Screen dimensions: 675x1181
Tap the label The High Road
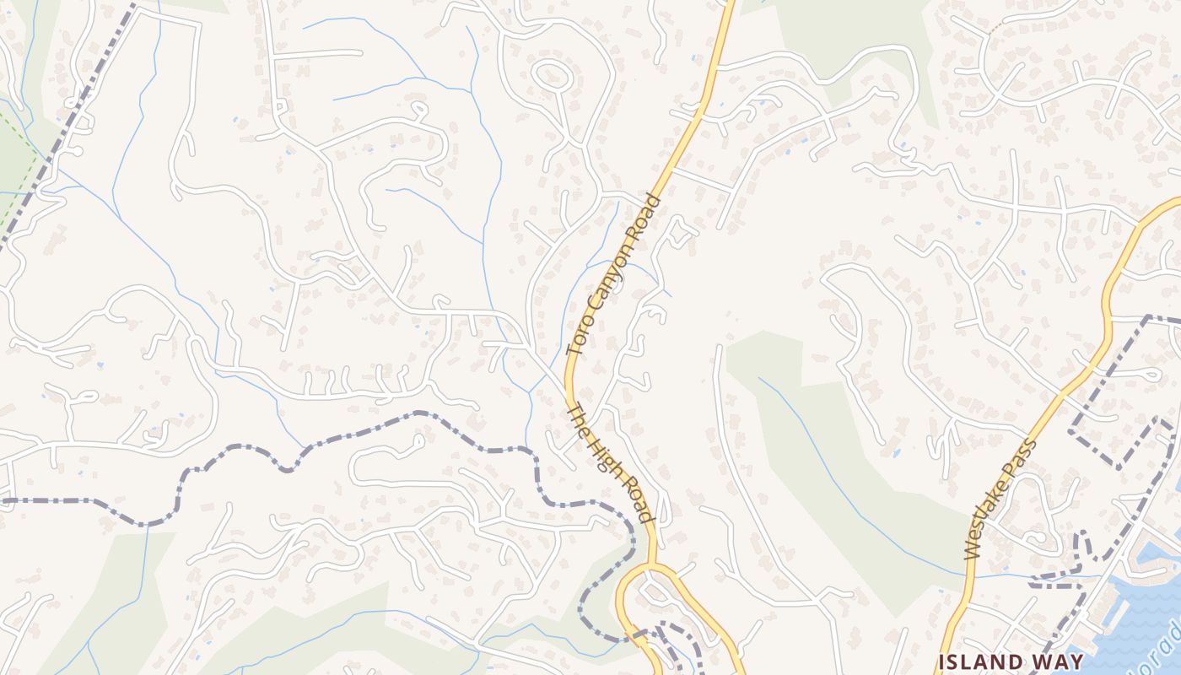pyautogui.click(x=610, y=462)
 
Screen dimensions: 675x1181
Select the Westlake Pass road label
pyautogui.click(x=1001, y=499)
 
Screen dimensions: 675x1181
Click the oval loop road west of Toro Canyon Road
pyautogui.click(x=553, y=75)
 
